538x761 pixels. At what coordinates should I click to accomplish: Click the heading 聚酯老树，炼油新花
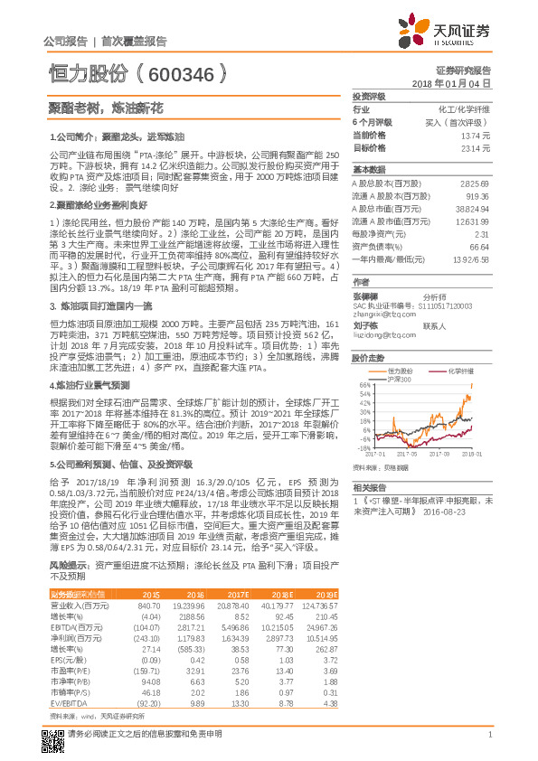(x=105, y=108)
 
